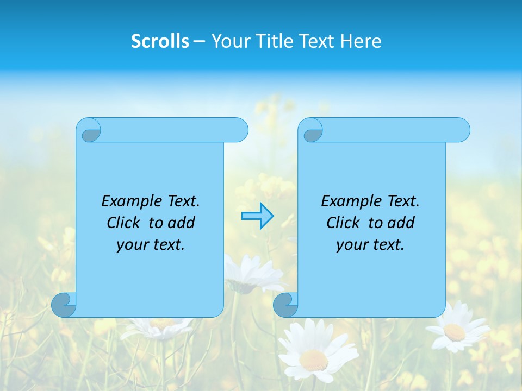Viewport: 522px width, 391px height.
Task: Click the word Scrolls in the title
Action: pos(160,41)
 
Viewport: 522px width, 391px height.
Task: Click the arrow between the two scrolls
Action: pos(257,216)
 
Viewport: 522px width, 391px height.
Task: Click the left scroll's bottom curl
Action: pos(64,305)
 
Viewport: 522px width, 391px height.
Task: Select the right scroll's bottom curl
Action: pos(285,305)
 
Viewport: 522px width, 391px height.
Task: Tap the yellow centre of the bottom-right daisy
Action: pos(454,332)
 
